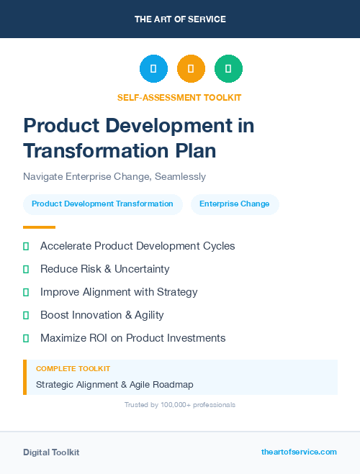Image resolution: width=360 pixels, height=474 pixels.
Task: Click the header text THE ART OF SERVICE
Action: click(x=180, y=19)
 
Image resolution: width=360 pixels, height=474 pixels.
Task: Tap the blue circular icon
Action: click(x=153, y=68)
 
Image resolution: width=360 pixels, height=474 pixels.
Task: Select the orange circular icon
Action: click(x=191, y=68)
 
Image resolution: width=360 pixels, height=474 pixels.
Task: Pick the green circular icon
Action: click(x=228, y=68)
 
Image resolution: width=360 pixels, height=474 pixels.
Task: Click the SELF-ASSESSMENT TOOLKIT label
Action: click(x=179, y=97)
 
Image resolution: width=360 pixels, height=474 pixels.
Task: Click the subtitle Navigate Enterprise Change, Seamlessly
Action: click(x=114, y=176)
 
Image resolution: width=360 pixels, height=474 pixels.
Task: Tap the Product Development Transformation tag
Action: click(x=102, y=204)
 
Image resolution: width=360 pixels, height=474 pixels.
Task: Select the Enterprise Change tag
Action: click(x=235, y=204)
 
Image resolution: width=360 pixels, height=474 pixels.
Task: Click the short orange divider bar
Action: click(x=39, y=227)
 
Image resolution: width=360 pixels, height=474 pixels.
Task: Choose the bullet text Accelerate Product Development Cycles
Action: click(x=138, y=246)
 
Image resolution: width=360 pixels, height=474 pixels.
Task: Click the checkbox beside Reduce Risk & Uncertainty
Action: click(x=26, y=269)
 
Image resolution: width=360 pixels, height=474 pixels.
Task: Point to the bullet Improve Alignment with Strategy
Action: click(x=119, y=292)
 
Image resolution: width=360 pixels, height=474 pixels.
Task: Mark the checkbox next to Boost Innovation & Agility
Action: click(x=26, y=315)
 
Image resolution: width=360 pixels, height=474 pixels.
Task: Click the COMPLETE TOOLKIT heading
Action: click(x=73, y=369)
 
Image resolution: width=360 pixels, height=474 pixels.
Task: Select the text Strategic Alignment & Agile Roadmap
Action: click(x=114, y=385)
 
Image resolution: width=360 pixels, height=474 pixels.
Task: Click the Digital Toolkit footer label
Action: click(x=51, y=452)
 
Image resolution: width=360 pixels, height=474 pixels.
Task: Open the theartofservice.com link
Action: click(x=299, y=452)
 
